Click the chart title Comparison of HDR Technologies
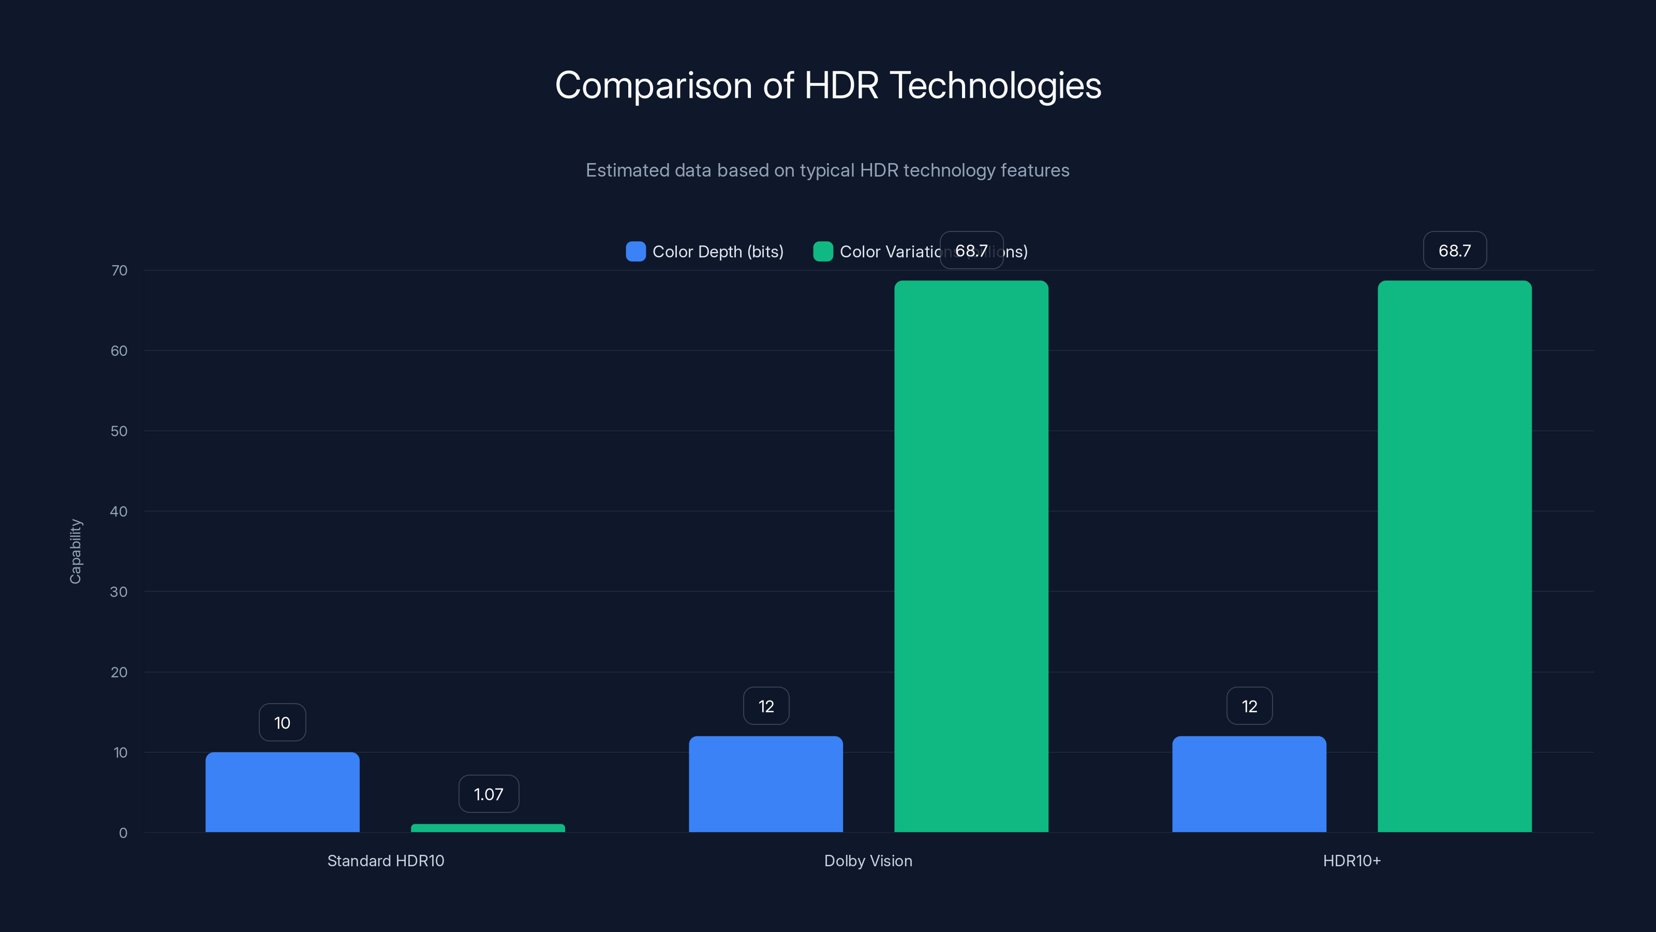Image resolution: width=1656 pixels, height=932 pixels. (x=828, y=85)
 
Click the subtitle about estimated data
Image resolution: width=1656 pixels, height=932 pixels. (x=827, y=170)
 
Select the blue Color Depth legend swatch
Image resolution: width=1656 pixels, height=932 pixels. (x=635, y=252)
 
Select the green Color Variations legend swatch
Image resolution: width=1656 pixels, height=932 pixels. (x=823, y=252)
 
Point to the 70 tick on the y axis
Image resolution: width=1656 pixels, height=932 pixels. (x=119, y=271)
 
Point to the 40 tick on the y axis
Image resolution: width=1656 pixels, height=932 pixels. (x=119, y=512)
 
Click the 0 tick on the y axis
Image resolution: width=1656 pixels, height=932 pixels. (x=123, y=833)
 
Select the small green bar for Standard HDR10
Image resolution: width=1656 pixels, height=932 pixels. (x=488, y=828)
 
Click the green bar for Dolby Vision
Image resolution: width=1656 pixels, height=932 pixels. (x=971, y=557)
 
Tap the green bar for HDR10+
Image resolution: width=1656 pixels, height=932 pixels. (x=1454, y=557)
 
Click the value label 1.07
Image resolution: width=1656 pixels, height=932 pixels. (x=489, y=794)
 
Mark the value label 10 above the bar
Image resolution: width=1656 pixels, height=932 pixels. (x=282, y=723)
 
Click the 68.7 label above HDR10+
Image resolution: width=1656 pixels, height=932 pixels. (x=1454, y=251)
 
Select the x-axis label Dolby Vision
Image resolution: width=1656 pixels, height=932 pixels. (x=868, y=861)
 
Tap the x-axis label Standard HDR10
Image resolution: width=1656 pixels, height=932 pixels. (x=386, y=861)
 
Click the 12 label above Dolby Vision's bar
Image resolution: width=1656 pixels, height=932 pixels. (x=766, y=706)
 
